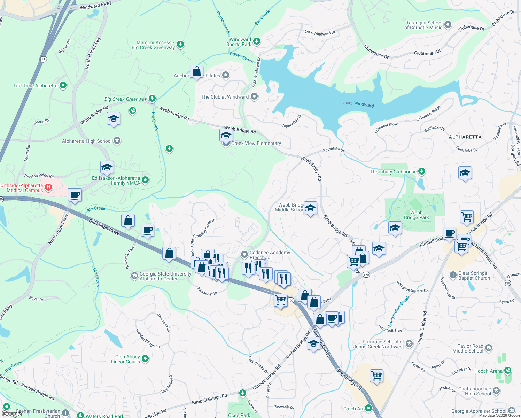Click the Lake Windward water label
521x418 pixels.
(x=358, y=103)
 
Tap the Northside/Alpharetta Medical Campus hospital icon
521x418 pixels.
(x=48, y=187)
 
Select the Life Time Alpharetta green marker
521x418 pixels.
(x=63, y=85)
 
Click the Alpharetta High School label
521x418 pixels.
(x=87, y=141)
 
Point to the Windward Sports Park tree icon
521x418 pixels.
(x=257, y=41)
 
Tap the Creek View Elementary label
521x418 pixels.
(x=256, y=143)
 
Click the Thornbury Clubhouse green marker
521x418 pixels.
(x=422, y=171)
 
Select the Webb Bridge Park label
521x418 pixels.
(x=416, y=215)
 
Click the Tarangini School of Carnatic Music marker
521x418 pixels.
(x=448, y=25)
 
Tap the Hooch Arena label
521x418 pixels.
(x=488, y=371)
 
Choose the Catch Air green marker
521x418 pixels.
(x=368, y=408)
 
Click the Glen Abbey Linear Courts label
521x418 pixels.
(x=127, y=359)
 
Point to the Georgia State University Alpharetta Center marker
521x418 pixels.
(x=134, y=276)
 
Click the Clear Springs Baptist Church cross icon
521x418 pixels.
(x=453, y=275)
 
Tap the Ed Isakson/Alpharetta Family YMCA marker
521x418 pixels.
(x=146, y=180)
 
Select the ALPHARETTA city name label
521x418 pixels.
(x=465, y=137)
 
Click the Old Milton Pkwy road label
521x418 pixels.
(x=104, y=227)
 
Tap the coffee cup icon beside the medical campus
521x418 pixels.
(x=75, y=195)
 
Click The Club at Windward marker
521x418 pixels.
(x=254, y=97)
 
